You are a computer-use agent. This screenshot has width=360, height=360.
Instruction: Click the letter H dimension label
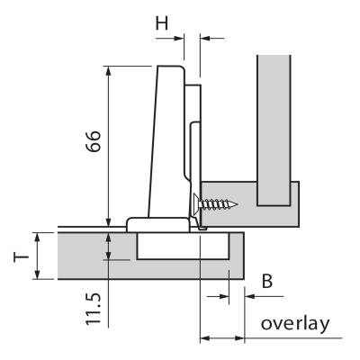pyautogui.click(x=162, y=22)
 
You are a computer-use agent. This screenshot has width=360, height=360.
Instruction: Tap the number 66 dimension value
pyautogui.click(x=93, y=141)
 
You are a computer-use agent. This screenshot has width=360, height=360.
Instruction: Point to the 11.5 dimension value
pyautogui.click(x=93, y=309)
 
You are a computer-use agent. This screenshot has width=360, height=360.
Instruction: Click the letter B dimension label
pyautogui.click(x=267, y=282)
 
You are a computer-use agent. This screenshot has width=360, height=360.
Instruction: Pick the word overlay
pyautogui.click(x=295, y=324)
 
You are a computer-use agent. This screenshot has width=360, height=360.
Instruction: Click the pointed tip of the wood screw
pyautogui.click(x=238, y=205)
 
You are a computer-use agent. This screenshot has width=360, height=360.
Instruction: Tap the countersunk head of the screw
pyautogui.click(x=196, y=204)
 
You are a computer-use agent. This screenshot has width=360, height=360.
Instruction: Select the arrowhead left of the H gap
pyautogui.click(x=179, y=38)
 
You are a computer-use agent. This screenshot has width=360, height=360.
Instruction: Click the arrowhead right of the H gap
pyautogui.click(x=205, y=38)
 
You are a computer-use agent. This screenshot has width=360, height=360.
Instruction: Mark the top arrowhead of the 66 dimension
pyautogui.click(x=109, y=71)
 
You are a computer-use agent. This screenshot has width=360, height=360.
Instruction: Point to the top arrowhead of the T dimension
pyautogui.click(x=37, y=238)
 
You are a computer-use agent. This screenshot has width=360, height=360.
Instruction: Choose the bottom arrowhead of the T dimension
pyautogui.click(x=37, y=274)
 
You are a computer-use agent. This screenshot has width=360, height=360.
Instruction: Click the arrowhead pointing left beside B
pyautogui.click(x=249, y=296)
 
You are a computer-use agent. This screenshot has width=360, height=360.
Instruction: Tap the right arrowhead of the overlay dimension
pyautogui.click(x=239, y=338)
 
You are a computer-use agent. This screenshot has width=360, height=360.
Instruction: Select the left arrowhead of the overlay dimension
pyautogui.click(x=205, y=338)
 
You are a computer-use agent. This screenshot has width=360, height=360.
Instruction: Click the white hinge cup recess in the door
pyautogui.click(x=183, y=246)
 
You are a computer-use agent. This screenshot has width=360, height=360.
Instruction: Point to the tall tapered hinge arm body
pyautogui.click(x=166, y=141)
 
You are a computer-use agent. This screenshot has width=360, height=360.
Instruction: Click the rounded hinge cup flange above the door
pyautogui.click(x=157, y=224)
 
